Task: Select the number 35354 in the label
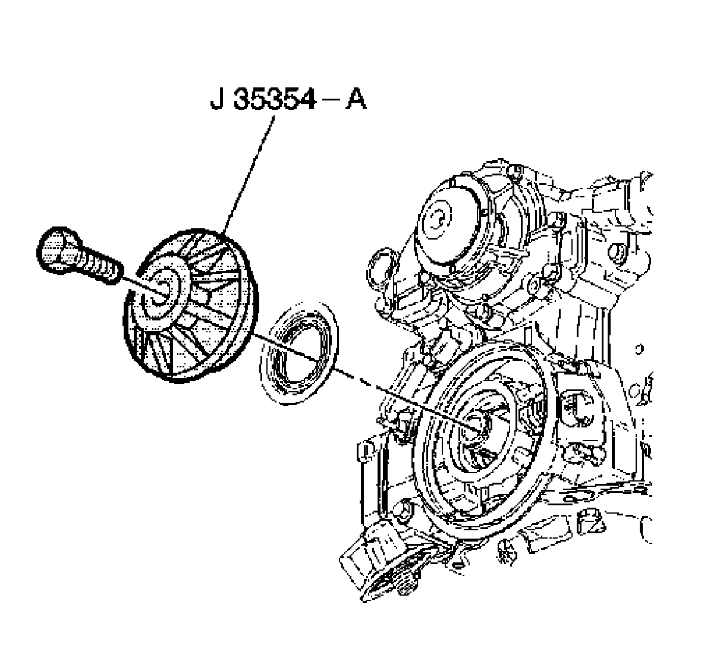pos(274,102)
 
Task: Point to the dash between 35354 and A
pos(329,102)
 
